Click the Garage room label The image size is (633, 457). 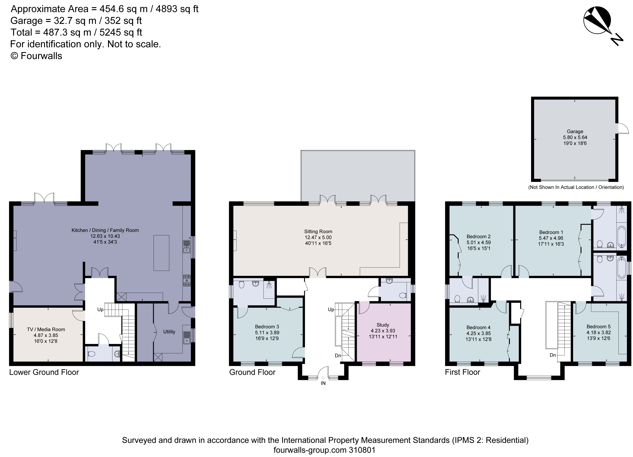(575, 131)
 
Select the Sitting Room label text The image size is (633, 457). (318, 231)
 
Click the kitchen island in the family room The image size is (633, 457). (161, 253)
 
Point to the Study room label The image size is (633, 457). (383, 325)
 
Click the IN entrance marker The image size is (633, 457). (323, 383)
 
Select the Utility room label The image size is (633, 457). (169, 332)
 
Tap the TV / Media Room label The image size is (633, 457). (46, 329)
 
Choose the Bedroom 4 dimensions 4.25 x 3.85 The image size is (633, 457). (478, 333)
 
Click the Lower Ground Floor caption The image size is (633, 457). (44, 372)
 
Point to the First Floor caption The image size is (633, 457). (463, 372)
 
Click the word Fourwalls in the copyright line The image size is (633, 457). (41, 56)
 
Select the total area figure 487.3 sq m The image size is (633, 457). (67, 32)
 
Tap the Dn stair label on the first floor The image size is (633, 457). (553, 355)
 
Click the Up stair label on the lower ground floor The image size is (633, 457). (100, 309)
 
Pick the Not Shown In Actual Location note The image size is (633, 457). (576, 187)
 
